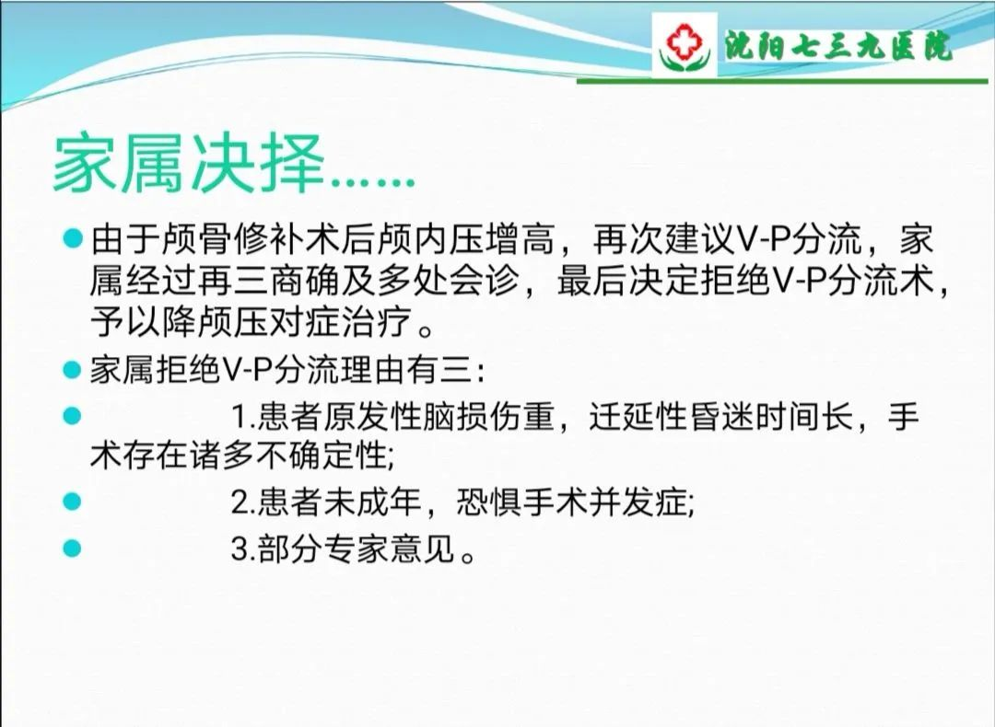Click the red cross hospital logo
pyautogui.click(x=685, y=46)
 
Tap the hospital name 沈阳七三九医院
pyautogui.click(x=839, y=46)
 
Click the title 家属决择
pyautogui.click(x=189, y=164)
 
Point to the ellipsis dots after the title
pyautogui.click(x=372, y=183)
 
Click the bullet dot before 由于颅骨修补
pyautogui.click(x=73, y=238)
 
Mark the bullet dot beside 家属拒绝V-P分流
pyautogui.click(x=73, y=370)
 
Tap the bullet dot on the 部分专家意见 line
pyautogui.click(x=73, y=548)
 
